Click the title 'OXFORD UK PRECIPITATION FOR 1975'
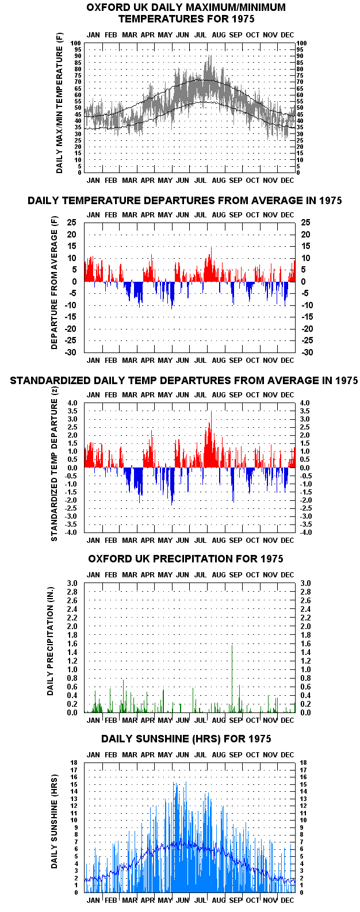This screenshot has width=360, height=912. [186, 558]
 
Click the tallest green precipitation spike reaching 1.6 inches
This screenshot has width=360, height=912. [232, 679]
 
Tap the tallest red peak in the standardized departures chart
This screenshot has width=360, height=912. [211, 412]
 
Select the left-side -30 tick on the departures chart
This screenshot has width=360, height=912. [71, 352]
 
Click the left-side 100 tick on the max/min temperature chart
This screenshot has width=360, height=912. [76, 43]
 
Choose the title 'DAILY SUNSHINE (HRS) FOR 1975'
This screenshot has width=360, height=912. [186, 738]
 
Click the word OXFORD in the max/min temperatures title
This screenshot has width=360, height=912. [105, 7]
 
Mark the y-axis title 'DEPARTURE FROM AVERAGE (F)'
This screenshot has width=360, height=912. [54, 282]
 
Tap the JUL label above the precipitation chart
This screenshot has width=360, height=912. [200, 575]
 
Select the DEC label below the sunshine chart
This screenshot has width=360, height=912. [287, 900]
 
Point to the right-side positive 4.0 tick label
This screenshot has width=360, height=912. [305, 403]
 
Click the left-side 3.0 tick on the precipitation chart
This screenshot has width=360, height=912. [72, 583]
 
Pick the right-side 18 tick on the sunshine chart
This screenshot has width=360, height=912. [303, 762]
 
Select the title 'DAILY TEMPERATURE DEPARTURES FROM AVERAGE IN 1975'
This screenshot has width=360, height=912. [185, 200]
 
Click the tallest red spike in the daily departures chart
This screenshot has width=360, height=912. [211, 247]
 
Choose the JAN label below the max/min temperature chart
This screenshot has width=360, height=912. [93, 181]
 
